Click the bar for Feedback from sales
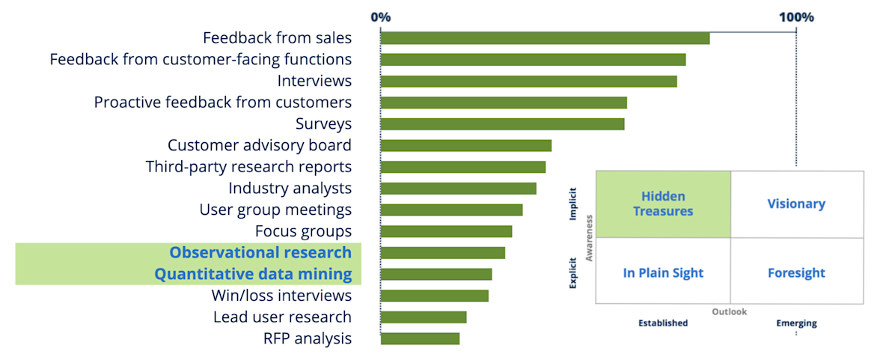(x=545, y=38)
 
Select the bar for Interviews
(x=528, y=81)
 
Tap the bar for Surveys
(x=502, y=124)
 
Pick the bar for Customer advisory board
(x=465, y=145)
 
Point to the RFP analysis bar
(x=420, y=339)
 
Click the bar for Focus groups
(x=446, y=231)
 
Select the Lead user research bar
(x=424, y=317)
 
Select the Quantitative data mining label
(x=253, y=275)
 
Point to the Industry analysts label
(x=290, y=189)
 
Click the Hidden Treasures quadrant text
(x=663, y=204)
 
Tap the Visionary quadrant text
(x=796, y=204)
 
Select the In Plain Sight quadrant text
(x=663, y=273)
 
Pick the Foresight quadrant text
(x=796, y=273)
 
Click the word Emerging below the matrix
(x=796, y=323)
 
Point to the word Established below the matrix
(x=662, y=323)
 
